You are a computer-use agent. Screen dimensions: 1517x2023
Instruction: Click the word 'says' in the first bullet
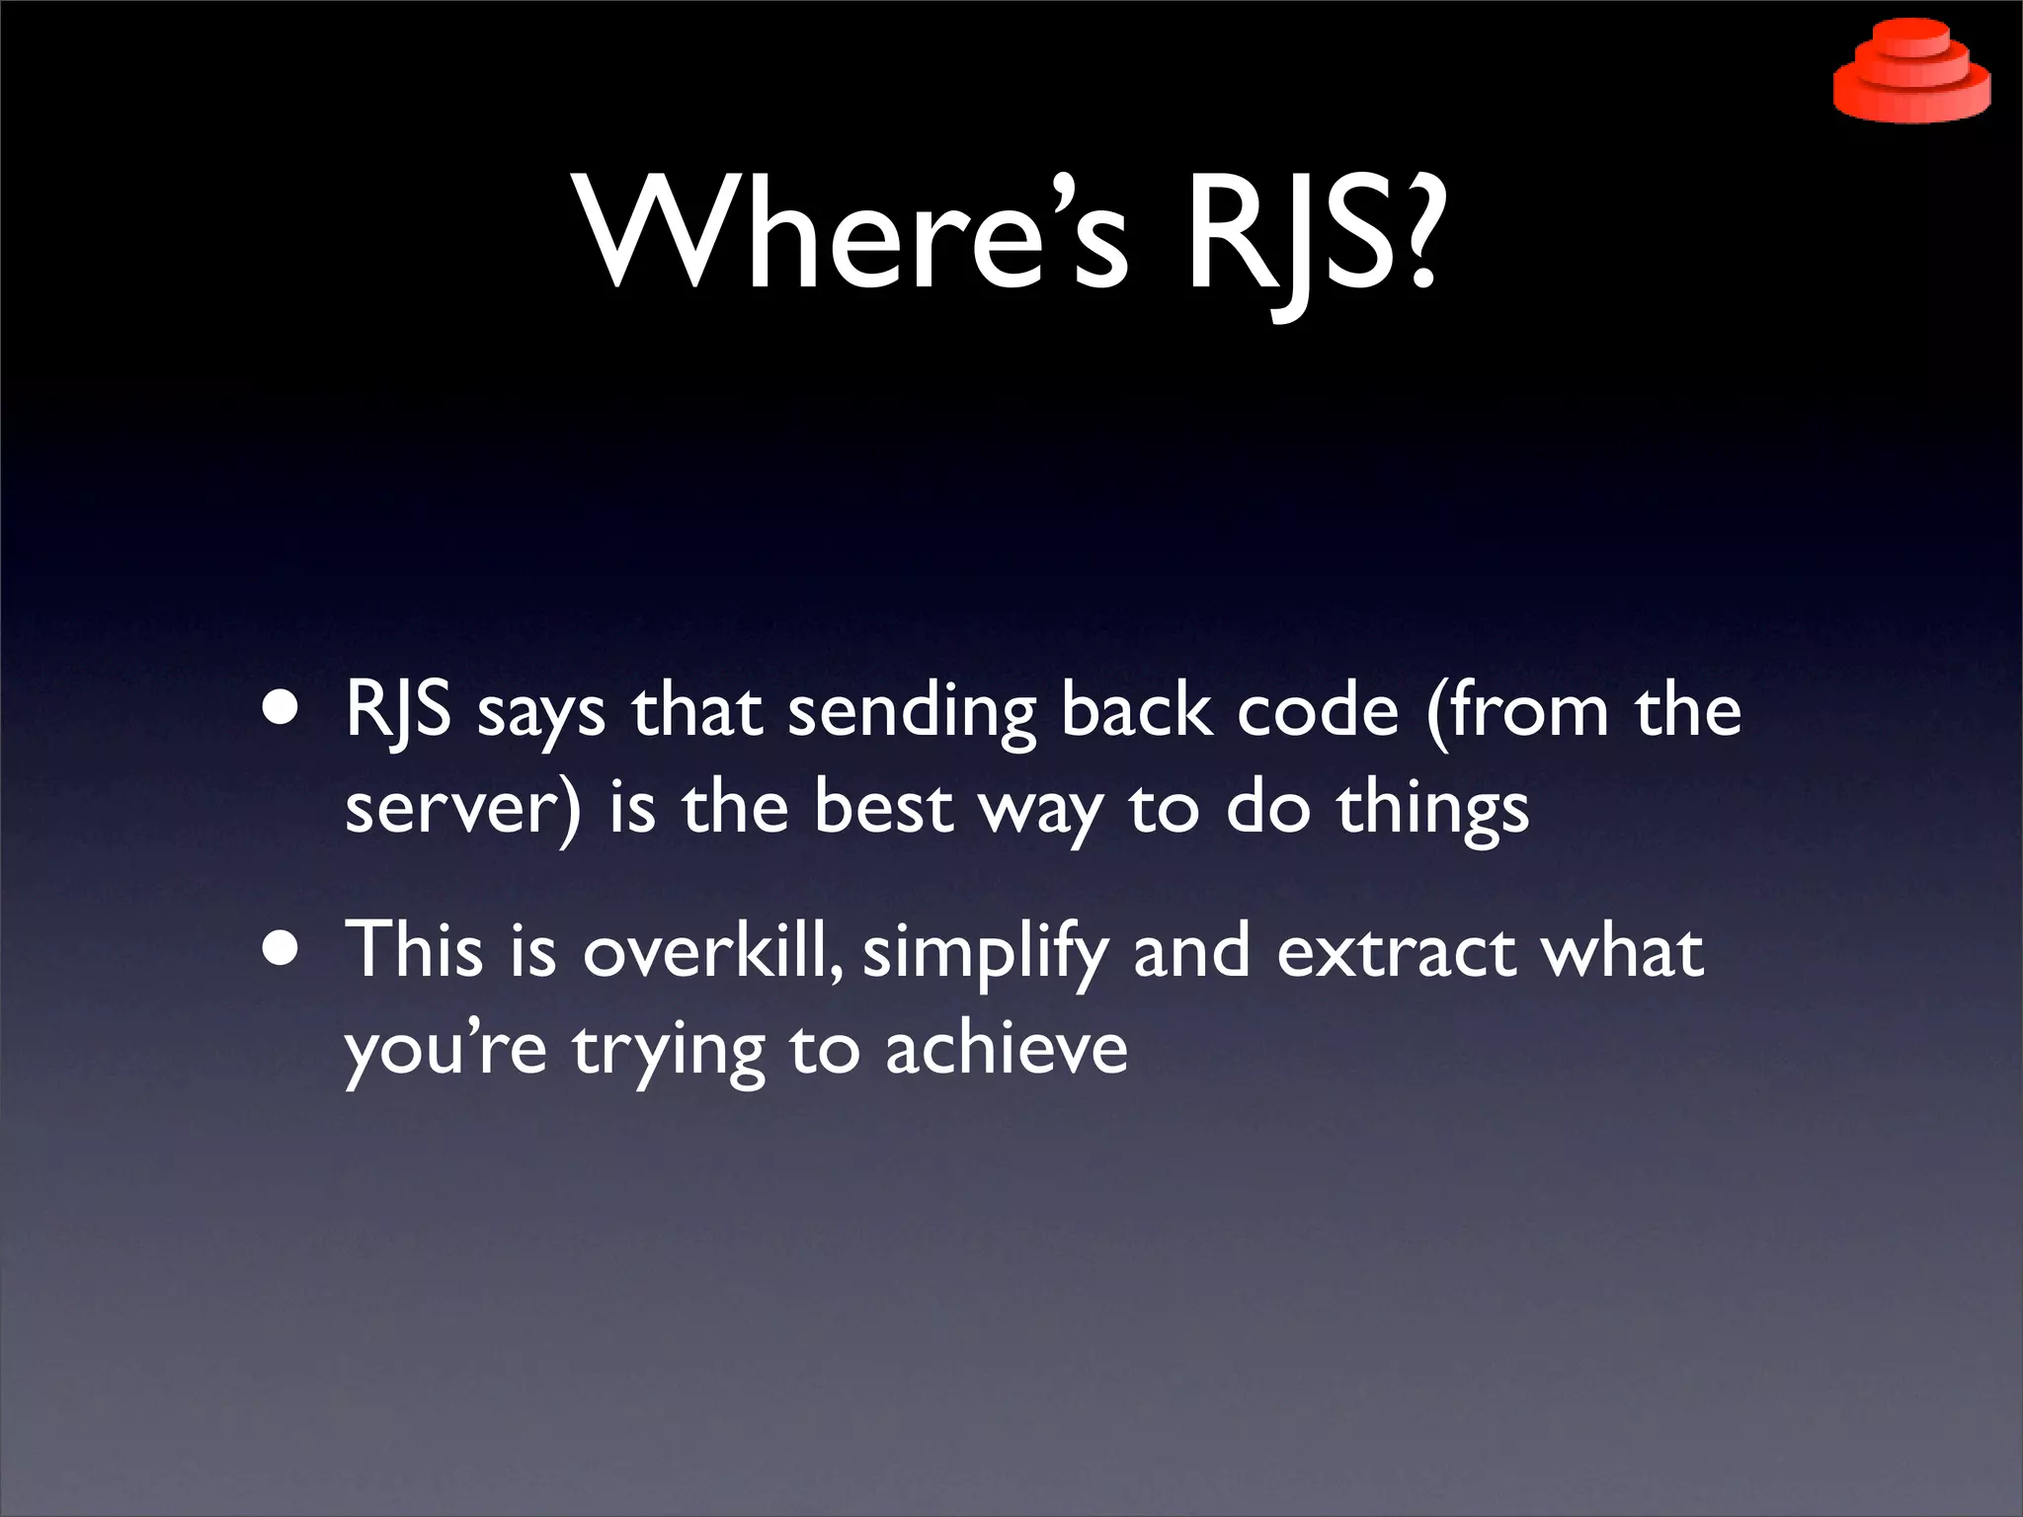tap(541, 713)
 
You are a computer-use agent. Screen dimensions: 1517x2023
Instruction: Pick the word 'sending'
tap(911, 713)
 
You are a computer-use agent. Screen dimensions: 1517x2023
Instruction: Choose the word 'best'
tap(883, 808)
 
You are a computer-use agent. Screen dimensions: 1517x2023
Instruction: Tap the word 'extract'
tap(1396, 952)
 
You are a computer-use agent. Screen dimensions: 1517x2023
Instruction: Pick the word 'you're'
tap(445, 1051)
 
